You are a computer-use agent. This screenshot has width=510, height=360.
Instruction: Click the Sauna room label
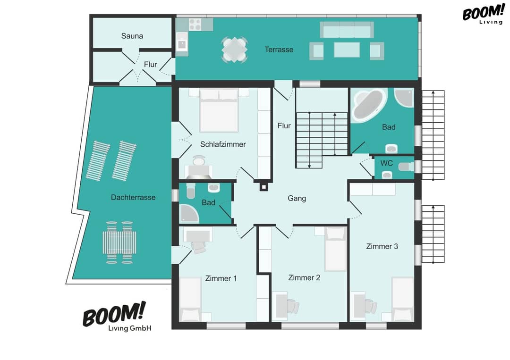click(x=132, y=36)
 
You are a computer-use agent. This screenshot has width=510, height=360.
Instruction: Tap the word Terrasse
click(x=279, y=50)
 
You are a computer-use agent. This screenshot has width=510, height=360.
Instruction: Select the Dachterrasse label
click(x=133, y=198)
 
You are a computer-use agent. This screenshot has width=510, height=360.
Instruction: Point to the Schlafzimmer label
click(x=223, y=144)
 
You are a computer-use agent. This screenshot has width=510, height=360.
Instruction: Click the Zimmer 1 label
click(x=221, y=278)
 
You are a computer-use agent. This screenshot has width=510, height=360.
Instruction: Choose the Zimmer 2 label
click(x=304, y=278)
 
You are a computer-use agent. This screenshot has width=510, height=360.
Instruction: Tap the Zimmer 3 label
click(x=382, y=247)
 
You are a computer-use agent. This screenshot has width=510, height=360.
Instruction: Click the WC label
click(x=386, y=163)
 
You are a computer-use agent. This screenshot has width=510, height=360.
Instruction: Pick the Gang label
click(x=297, y=199)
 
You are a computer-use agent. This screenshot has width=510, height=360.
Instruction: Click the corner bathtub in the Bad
click(x=368, y=105)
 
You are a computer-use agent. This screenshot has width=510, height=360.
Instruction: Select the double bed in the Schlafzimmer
click(x=219, y=110)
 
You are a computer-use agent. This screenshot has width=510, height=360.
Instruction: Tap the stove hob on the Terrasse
click(x=195, y=24)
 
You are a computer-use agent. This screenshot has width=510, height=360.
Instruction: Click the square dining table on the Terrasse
click(x=234, y=50)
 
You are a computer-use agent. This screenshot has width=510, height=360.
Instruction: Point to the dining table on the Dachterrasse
click(x=119, y=243)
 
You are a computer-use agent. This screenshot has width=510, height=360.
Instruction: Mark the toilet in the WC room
click(x=406, y=167)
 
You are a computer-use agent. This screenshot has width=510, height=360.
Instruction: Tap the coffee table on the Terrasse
click(x=347, y=50)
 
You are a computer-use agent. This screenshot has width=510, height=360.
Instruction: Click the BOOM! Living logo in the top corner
click(x=484, y=14)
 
